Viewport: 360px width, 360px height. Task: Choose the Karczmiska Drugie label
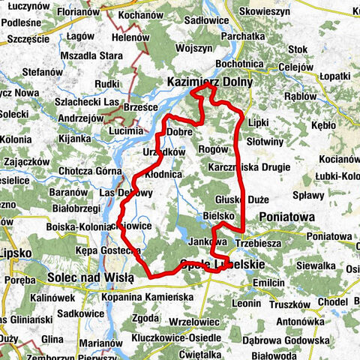pos(245,166)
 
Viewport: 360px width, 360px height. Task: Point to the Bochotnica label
pos(241,64)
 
